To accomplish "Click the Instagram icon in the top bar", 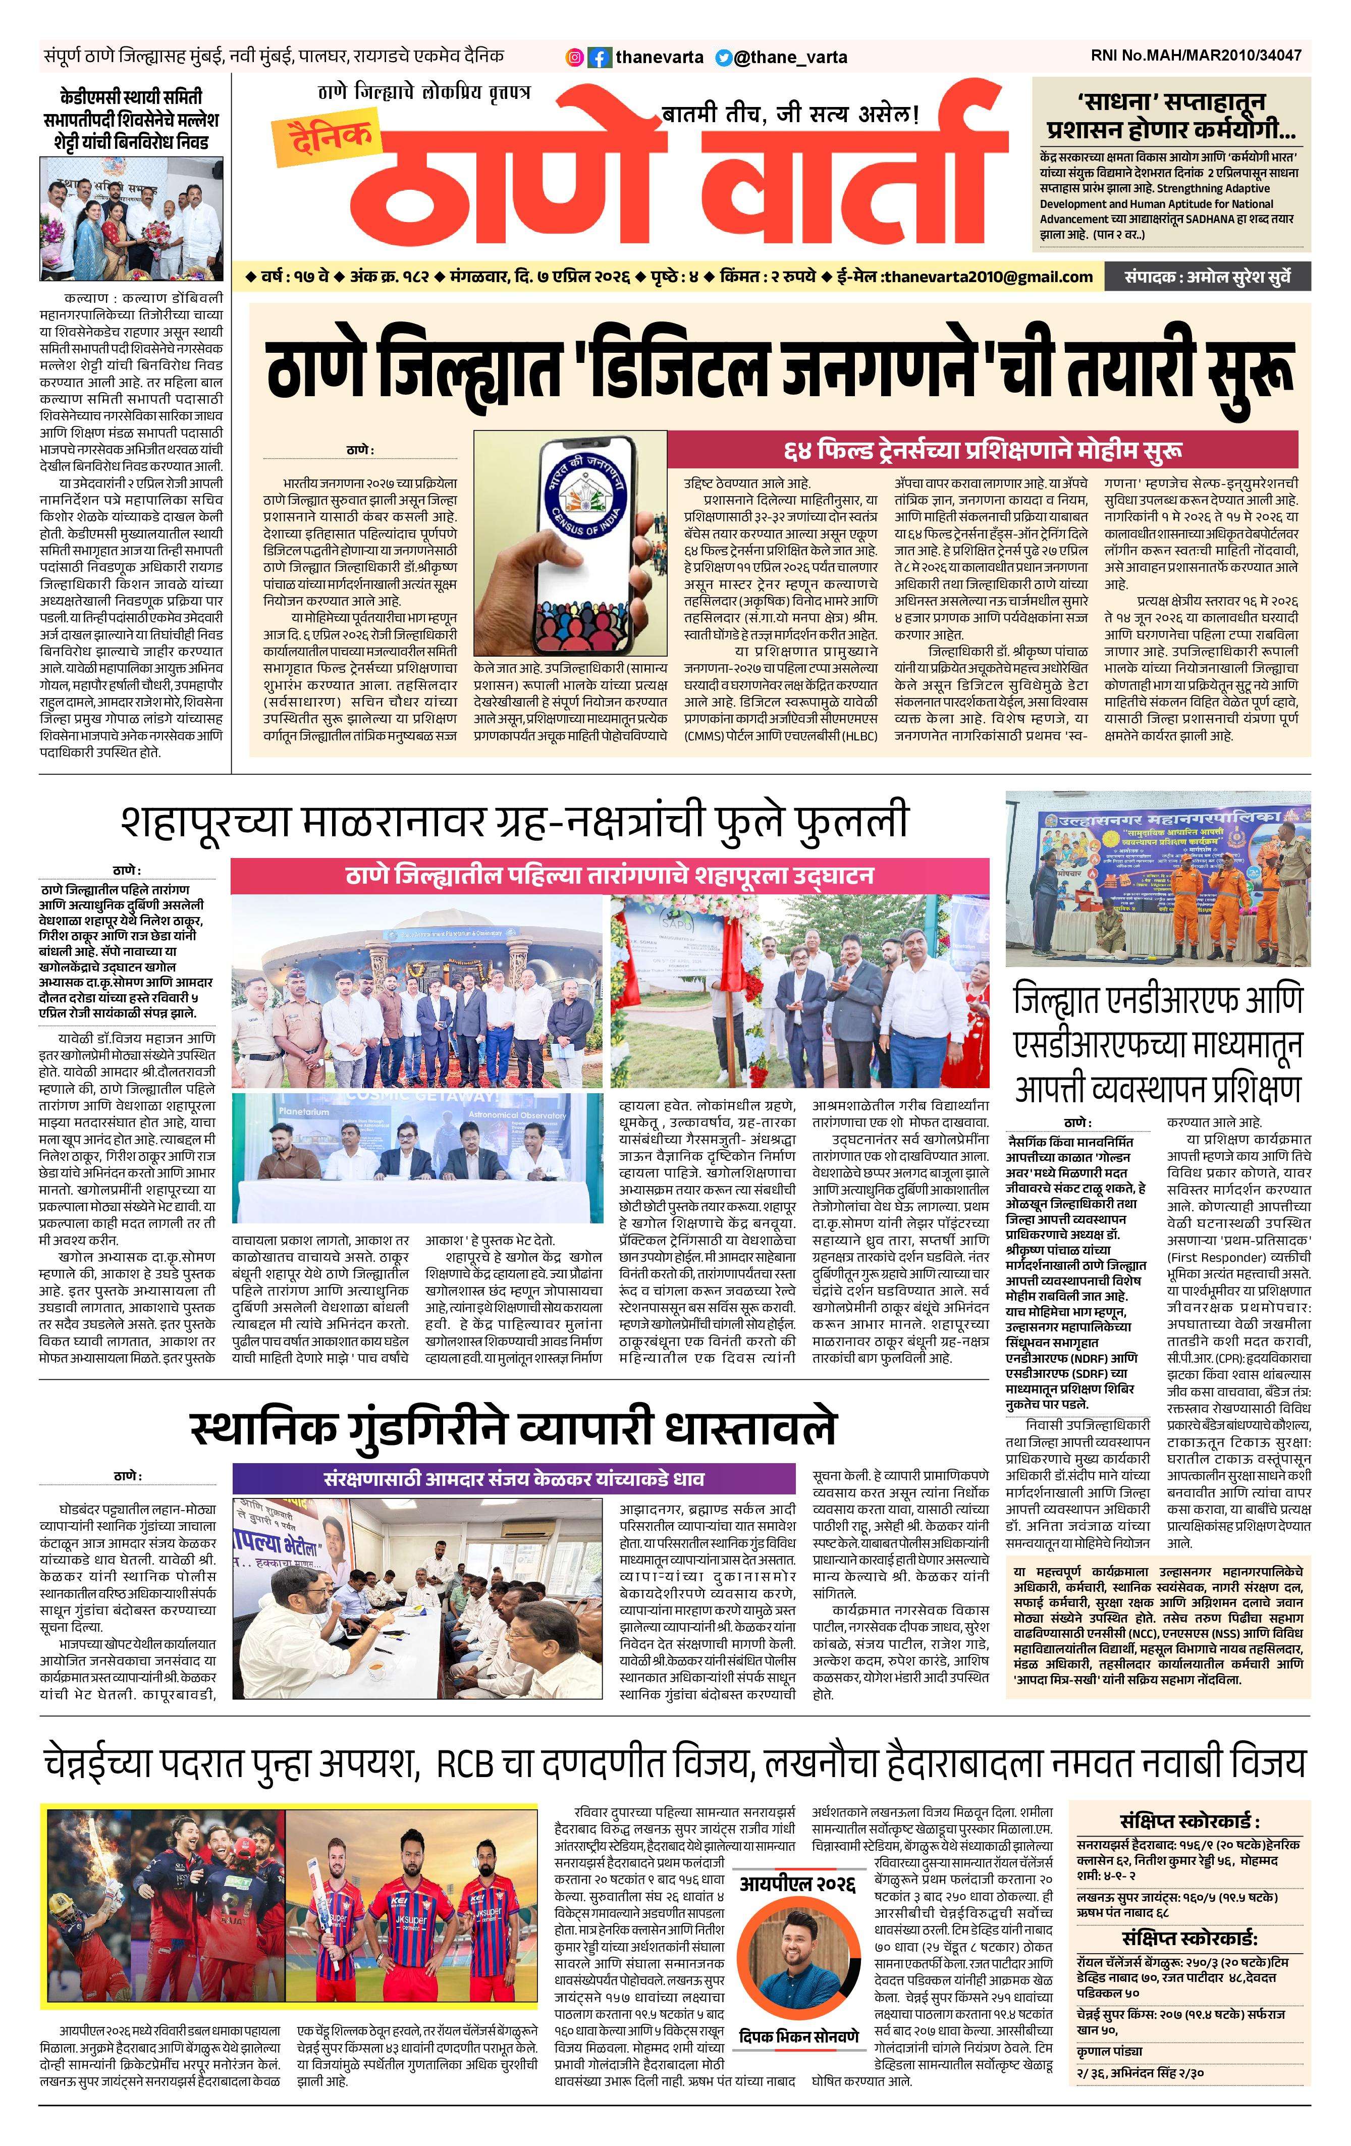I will pos(576,57).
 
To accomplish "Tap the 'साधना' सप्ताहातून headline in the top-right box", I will pos(1171,112).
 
